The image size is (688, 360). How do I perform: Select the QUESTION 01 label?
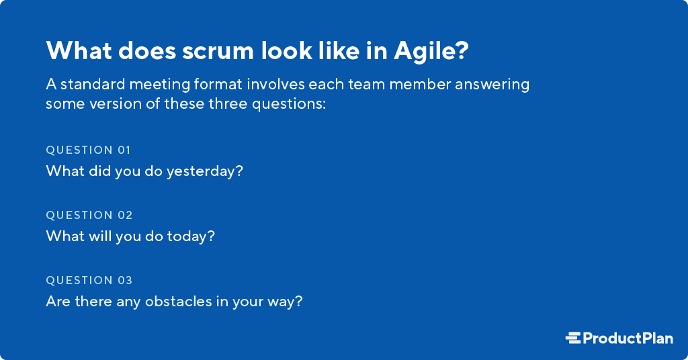(x=89, y=150)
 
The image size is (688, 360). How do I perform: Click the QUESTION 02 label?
(x=89, y=215)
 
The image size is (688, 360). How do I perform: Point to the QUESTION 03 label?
(x=89, y=280)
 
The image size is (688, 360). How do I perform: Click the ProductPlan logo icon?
(x=573, y=338)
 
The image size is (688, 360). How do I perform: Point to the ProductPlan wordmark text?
(x=628, y=338)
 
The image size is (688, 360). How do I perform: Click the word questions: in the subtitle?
(x=292, y=105)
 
